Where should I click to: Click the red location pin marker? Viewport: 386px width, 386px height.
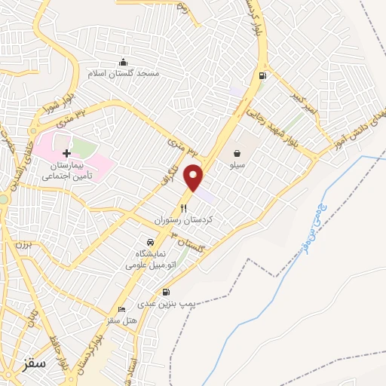195,177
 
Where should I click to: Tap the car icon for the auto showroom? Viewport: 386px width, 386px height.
151,242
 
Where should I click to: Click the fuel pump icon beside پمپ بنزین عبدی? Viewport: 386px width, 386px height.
166,292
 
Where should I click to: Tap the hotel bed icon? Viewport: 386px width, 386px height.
122,309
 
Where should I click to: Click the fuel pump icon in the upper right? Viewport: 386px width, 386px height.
262,75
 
